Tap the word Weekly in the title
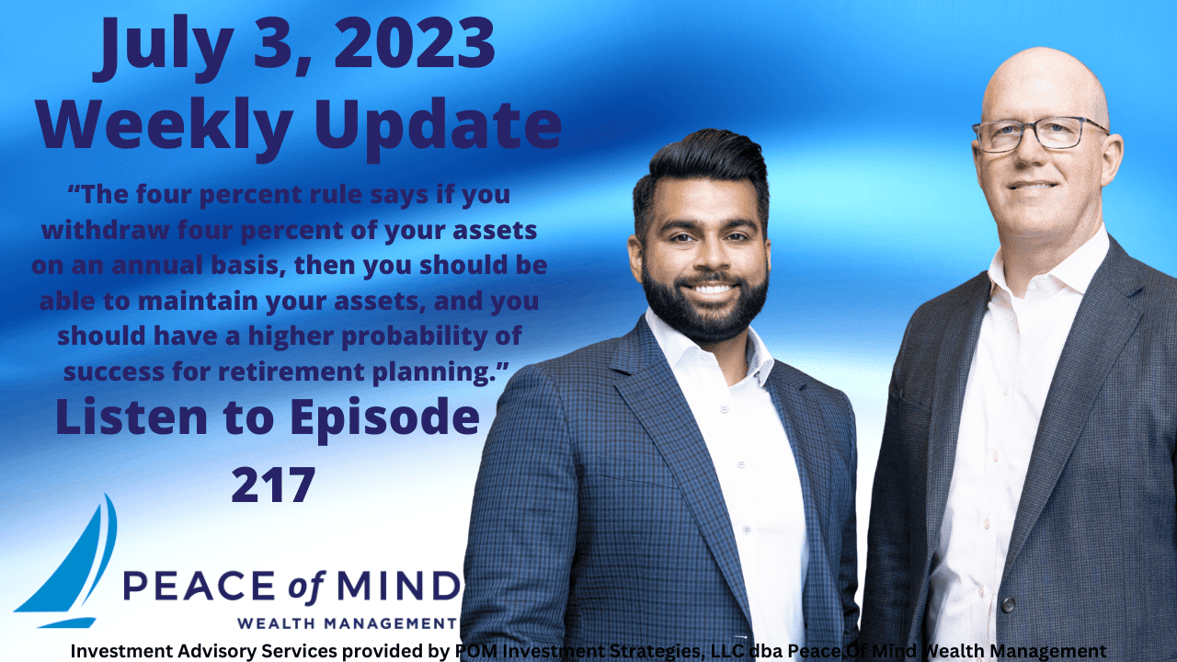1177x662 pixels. [157, 126]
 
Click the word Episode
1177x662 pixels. [384, 418]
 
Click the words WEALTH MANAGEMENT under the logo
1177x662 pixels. [347, 622]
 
